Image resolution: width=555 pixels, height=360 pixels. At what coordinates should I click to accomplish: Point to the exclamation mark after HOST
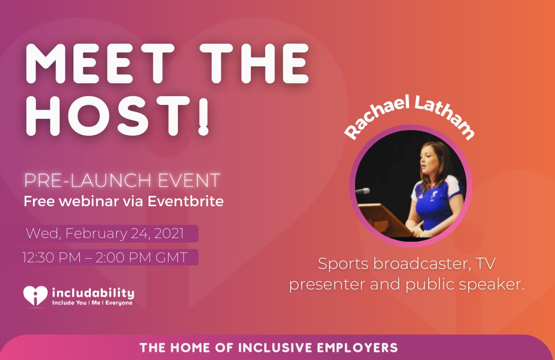pos(204,118)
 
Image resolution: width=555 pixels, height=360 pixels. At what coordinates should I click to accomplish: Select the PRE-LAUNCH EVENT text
pos(122,181)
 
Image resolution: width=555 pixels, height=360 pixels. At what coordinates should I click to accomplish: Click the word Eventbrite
pos(186,201)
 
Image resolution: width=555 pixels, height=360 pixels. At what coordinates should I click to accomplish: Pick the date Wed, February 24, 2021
pos(105,233)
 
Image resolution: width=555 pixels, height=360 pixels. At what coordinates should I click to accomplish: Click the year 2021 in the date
pos(167,233)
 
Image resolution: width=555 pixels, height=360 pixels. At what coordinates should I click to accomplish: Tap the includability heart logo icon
pos(35,297)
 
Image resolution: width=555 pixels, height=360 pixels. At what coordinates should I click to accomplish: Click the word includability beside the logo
pos(93,293)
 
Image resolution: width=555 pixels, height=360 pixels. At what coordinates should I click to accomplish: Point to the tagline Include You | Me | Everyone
pos(92,303)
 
